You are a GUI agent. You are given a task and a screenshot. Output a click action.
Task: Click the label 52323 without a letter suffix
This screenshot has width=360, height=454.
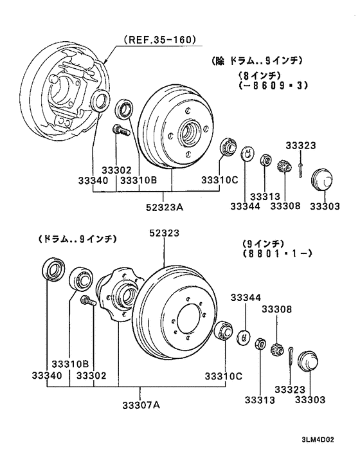click(x=165, y=233)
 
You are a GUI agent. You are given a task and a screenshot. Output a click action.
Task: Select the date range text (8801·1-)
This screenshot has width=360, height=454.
click(x=277, y=254)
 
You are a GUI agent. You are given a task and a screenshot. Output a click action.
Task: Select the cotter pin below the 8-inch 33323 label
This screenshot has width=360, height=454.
click(x=300, y=166)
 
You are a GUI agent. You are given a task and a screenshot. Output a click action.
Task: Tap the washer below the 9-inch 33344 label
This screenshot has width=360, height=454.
click(x=244, y=336)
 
